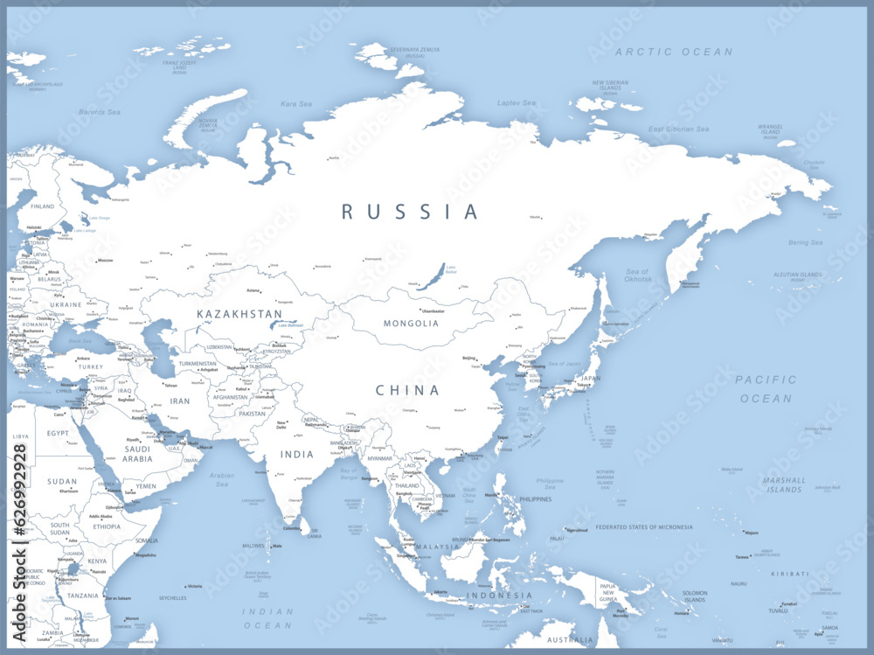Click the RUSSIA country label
pyautogui.click(x=410, y=212)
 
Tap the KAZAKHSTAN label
pyautogui.click(x=239, y=314)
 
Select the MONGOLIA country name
pyautogui.click(x=411, y=324)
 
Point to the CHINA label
pyautogui.click(x=407, y=391)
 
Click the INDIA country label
pyautogui.click(x=296, y=455)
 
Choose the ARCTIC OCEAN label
pyautogui.click(x=674, y=52)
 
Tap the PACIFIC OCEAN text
pyautogui.click(x=766, y=389)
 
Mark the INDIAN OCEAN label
pyautogui.click(x=267, y=618)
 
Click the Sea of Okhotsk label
pyautogui.click(x=637, y=276)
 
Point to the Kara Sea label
pyautogui.click(x=295, y=104)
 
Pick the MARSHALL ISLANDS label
pyautogui.click(x=783, y=485)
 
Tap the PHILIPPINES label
pyautogui.click(x=535, y=499)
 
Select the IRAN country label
pyautogui.click(x=179, y=401)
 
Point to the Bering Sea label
pyautogui.click(x=804, y=243)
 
